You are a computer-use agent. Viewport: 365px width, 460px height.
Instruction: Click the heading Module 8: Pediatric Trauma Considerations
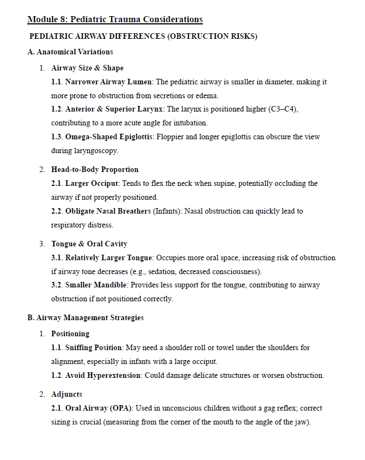point(115,19)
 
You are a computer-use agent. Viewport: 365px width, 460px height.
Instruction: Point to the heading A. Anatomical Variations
point(70,52)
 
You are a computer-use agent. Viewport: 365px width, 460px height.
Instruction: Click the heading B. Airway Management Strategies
point(85,317)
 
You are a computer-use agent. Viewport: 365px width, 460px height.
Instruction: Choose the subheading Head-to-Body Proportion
point(95,169)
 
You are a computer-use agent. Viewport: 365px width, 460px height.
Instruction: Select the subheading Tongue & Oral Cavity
point(89,244)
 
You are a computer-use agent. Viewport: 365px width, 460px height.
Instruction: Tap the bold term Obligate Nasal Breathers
point(108,211)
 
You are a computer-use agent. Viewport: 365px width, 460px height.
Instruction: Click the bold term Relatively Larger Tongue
point(109,257)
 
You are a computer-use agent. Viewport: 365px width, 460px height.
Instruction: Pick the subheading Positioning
point(70,333)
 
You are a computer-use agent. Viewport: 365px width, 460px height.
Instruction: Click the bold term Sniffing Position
point(94,347)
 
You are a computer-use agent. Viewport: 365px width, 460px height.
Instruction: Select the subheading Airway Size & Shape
point(88,68)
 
